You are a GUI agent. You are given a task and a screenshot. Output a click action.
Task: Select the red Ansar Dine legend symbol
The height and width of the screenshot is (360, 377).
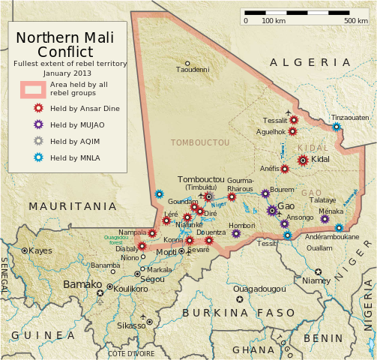38,108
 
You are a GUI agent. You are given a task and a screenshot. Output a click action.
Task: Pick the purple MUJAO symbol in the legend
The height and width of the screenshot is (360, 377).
38,124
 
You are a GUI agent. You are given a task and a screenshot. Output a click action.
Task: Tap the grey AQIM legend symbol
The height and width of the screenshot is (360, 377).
38,141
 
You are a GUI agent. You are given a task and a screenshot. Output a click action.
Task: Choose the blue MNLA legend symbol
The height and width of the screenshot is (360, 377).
38,157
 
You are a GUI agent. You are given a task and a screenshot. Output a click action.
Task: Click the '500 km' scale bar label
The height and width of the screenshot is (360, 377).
355,20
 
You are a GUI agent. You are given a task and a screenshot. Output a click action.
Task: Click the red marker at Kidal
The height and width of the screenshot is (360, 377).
303,160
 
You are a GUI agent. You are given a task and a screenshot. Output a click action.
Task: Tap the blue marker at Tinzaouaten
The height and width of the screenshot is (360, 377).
337,127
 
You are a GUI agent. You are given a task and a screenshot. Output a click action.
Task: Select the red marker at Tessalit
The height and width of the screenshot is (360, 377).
294,119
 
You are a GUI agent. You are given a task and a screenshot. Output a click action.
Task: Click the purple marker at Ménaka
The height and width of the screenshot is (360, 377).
325,219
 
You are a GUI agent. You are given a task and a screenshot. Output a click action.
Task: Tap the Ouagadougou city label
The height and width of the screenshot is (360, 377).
260,289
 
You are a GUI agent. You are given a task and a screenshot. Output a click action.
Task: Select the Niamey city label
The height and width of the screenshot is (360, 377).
316,280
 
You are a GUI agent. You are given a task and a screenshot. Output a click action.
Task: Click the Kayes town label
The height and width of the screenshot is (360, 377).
41,250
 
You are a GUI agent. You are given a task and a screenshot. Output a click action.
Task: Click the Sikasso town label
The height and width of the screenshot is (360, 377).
131,326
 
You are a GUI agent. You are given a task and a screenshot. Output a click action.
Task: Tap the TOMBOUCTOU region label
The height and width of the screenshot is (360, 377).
200,142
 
